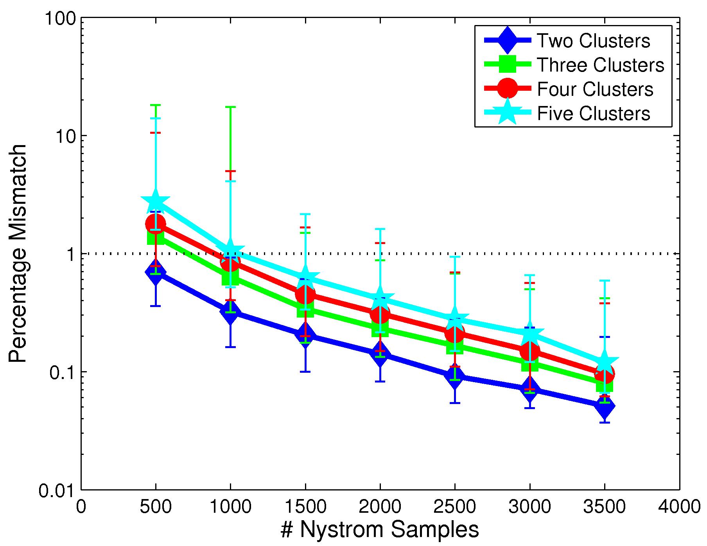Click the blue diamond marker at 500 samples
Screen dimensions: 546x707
156,272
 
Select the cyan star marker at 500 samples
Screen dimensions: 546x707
156,201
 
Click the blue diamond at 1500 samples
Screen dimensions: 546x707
305,334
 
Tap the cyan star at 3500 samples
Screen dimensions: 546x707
605,362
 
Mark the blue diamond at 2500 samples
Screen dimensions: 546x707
455,376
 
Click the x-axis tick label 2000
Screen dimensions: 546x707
380,507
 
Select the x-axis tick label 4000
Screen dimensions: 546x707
679,507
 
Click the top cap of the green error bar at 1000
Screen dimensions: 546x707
230,107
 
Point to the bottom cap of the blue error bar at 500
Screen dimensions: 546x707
156,305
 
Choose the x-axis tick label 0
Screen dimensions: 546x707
81,507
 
